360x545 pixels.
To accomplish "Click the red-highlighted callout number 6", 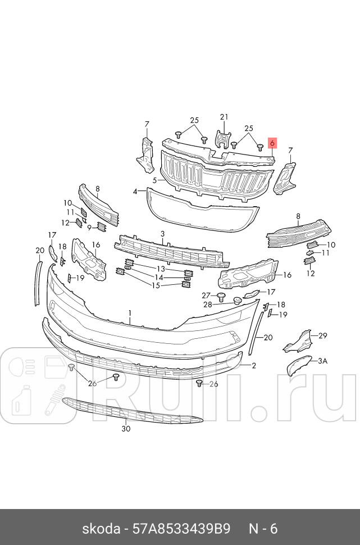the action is pos(272,143).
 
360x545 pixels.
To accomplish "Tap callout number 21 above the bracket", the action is pos(224,117).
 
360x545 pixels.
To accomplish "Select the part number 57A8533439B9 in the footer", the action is pos(181,529).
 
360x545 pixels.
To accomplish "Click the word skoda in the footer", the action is pos(101,529).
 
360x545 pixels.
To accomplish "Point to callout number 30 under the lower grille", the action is pos(126,429).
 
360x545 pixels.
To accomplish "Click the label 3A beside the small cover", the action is pos(322,361).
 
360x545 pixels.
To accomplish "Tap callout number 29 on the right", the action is pos(323,335).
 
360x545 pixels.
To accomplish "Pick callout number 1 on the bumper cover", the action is pos(130,313).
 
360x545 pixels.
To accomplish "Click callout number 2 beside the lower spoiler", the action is pos(254,365).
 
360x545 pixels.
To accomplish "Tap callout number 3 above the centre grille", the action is pos(163,234).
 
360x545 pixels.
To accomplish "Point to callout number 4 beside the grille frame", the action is pos(135,191).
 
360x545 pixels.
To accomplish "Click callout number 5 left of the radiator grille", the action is pos(154,180).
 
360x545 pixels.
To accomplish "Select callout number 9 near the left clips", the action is pos(89,228).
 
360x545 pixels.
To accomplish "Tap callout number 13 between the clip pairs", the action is pos(161,269).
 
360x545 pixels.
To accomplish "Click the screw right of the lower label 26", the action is pos(199,383).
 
